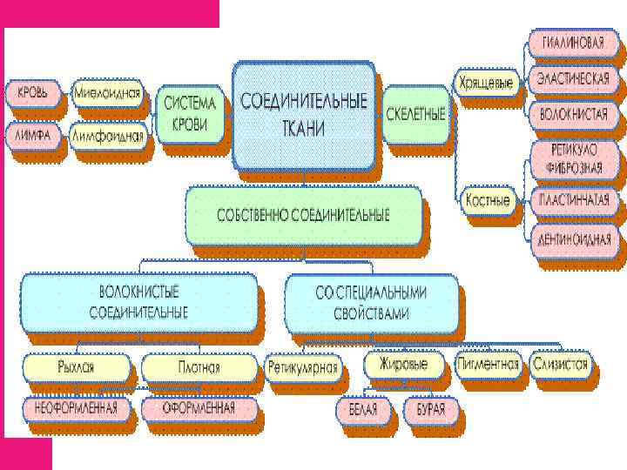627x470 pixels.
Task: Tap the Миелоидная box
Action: point(106,91)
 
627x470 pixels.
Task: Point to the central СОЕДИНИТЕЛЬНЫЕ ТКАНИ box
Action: point(304,113)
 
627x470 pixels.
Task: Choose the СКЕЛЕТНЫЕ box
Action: point(415,113)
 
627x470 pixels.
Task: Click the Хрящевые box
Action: point(485,83)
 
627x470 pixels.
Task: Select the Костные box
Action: point(487,199)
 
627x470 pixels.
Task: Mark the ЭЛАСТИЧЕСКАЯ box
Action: point(572,78)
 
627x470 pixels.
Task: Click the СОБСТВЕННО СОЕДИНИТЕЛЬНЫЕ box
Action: point(303,215)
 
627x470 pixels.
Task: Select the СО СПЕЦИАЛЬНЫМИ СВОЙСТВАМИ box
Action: point(372,302)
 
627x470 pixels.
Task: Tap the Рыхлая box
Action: point(78,366)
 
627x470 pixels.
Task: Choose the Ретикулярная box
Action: point(302,367)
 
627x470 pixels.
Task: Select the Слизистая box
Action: point(560,364)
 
